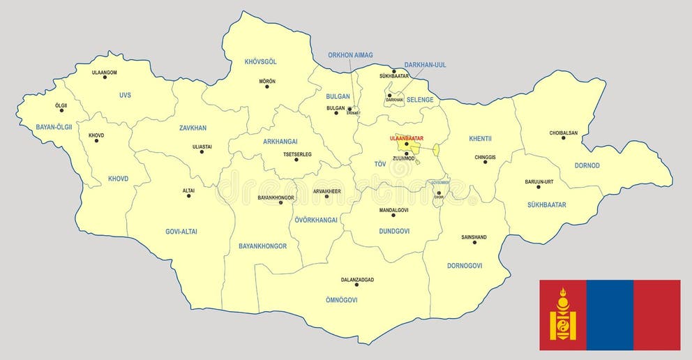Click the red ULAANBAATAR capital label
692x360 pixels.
[x=406, y=138]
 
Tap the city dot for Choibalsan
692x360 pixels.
[x=564, y=137]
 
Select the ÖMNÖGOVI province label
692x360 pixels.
[x=341, y=300]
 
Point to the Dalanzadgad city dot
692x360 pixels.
[x=357, y=286]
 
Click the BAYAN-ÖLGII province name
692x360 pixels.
[x=54, y=127]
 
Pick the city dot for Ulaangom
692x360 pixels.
[x=105, y=77]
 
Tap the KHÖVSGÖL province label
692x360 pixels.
[x=261, y=61]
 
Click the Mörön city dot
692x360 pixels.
[x=267, y=88]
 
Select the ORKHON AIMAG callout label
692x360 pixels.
[x=351, y=55]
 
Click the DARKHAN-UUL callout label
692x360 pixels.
[x=426, y=65]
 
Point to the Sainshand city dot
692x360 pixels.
[x=474, y=243]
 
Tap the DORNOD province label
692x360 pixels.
[x=587, y=165]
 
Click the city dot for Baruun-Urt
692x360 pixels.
[x=539, y=187]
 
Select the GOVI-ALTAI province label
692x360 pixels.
[x=181, y=231]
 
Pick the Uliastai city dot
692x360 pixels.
[x=202, y=151]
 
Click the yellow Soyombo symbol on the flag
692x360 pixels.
[x=563, y=315]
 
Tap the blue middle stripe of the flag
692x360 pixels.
[x=610, y=315]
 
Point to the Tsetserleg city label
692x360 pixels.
[x=297, y=153]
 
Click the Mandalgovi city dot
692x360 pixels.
[x=393, y=216]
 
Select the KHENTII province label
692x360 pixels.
[x=481, y=138]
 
